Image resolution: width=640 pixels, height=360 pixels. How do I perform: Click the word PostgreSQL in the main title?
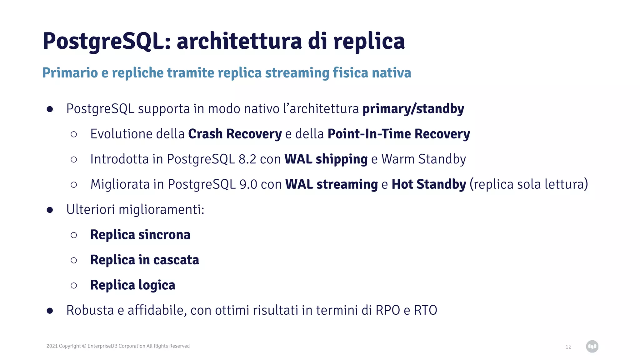pos(106,42)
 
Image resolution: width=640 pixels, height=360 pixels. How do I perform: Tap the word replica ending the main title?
pos(369,42)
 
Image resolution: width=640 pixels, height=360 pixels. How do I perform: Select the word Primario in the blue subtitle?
pos(70,73)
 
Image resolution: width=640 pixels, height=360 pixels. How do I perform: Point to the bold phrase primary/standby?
pos(413,109)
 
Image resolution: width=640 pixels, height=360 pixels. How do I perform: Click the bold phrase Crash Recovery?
pos(235,134)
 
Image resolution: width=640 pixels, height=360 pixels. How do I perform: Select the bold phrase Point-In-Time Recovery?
pos(398,134)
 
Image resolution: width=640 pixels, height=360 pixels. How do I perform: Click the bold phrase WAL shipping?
pos(326,159)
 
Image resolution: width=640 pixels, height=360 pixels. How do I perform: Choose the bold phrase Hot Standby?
pos(429,184)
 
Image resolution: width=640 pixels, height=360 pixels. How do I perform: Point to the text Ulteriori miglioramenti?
pos(135,210)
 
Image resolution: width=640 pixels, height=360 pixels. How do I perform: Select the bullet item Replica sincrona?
pos(140,235)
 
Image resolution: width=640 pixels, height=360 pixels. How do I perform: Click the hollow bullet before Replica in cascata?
pos(74,260)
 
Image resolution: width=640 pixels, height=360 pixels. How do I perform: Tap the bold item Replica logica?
pos(132,285)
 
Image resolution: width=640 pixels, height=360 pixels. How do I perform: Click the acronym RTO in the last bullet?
pos(425,311)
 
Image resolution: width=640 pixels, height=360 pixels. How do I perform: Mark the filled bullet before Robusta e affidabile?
pos(50,311)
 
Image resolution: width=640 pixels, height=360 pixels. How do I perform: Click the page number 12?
pos(568,347)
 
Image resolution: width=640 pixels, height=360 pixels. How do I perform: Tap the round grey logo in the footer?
pos(592,346)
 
